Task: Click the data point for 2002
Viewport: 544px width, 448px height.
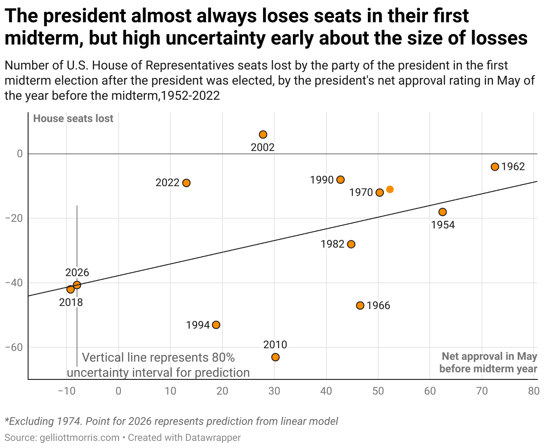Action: [263, 134]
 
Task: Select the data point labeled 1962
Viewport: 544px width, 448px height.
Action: [495, 167]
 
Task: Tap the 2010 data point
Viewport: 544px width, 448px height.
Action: [276, 357]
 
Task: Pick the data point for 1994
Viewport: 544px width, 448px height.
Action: [216, 325]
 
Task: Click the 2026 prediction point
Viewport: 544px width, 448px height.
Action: [77, 285]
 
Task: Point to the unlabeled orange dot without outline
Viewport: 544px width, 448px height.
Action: [390, 189]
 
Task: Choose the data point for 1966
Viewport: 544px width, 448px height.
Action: [360, 305]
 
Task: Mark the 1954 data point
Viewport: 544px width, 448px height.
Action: [442, 212]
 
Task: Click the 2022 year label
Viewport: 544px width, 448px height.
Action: [167, 183]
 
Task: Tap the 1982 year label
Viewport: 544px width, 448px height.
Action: [333, 244]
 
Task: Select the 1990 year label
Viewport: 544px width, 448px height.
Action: [322, 180]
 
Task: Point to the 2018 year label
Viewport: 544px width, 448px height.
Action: [71, 302]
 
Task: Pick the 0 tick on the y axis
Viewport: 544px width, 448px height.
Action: [20, 154]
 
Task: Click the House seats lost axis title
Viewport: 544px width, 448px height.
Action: [74, 118]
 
